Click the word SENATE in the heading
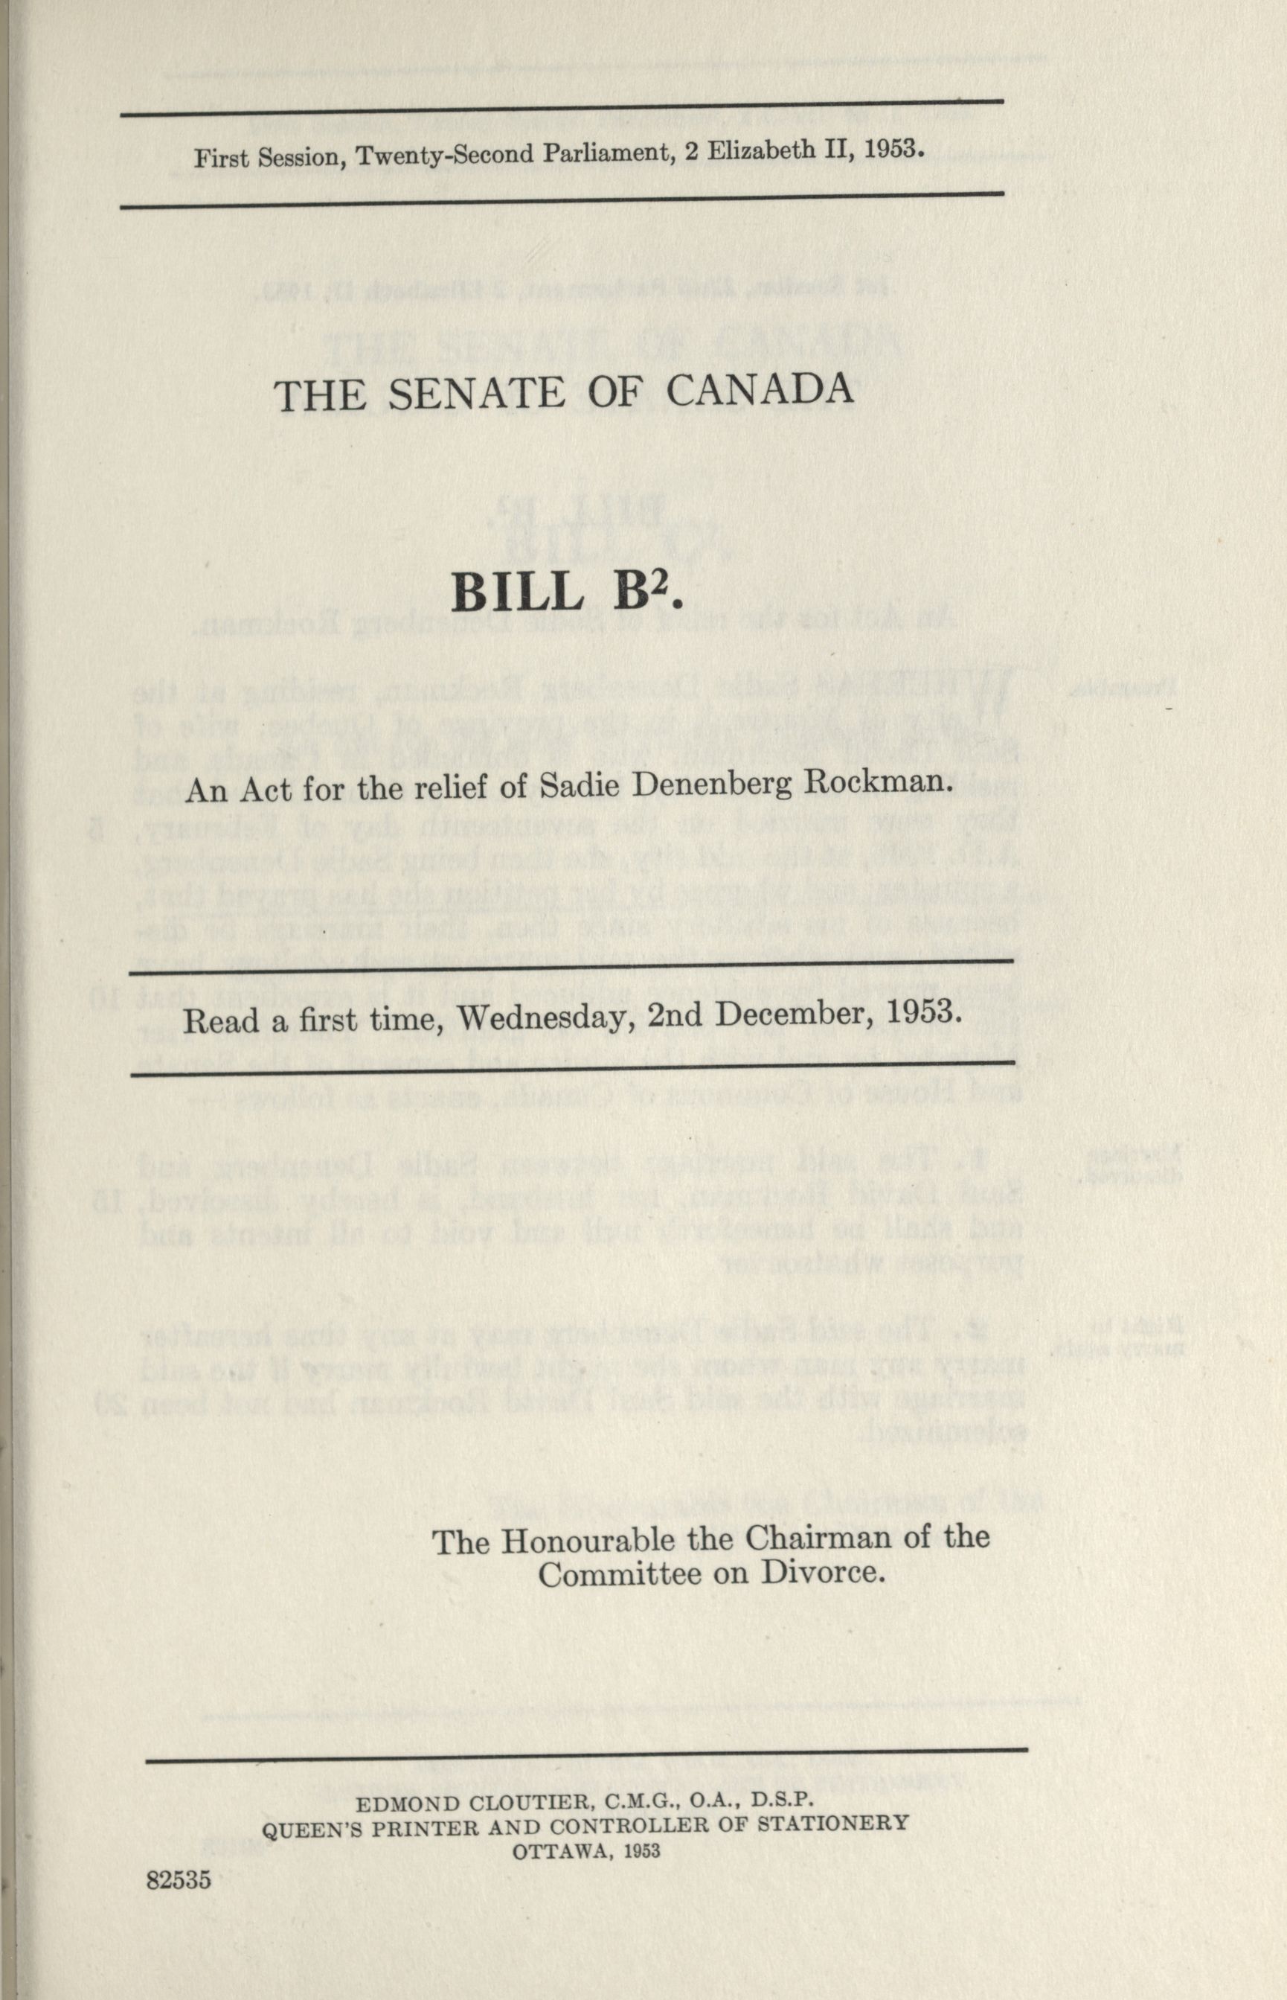tap(482, 393)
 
